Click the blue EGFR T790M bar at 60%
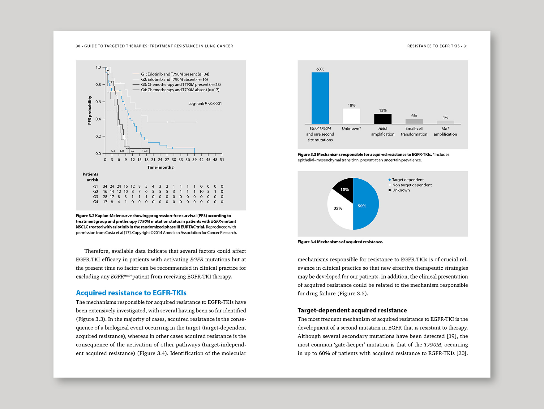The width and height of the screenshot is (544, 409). tap(320, 98)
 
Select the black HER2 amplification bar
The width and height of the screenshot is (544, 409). tap(383, 119)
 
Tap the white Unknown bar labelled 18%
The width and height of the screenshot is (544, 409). tap(351, 116)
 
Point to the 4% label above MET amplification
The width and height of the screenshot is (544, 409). tap(445, 117)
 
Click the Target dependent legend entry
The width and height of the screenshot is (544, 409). tap(407, 180)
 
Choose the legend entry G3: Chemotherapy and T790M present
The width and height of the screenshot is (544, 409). tap(181, 85)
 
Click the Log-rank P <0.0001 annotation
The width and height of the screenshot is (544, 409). tap(205, 103)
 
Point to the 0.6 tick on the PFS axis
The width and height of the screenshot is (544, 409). tap(98, 102)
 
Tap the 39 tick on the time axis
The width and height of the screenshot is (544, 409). tap(194, 160)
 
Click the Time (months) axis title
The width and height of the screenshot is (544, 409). tap(161, 167)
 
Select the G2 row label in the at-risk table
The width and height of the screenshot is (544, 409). tap(96, 192)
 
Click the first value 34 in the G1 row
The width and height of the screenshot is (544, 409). tap(105, 186)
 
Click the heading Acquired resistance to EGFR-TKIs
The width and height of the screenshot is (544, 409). tap(131, 293)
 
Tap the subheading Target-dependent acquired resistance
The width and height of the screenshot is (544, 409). tap(352, 310)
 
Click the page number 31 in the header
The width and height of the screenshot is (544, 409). tap(465, 46)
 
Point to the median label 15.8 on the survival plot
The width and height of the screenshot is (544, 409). tap(145, 151)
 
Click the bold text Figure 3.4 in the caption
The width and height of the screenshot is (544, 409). tap(306, 242)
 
